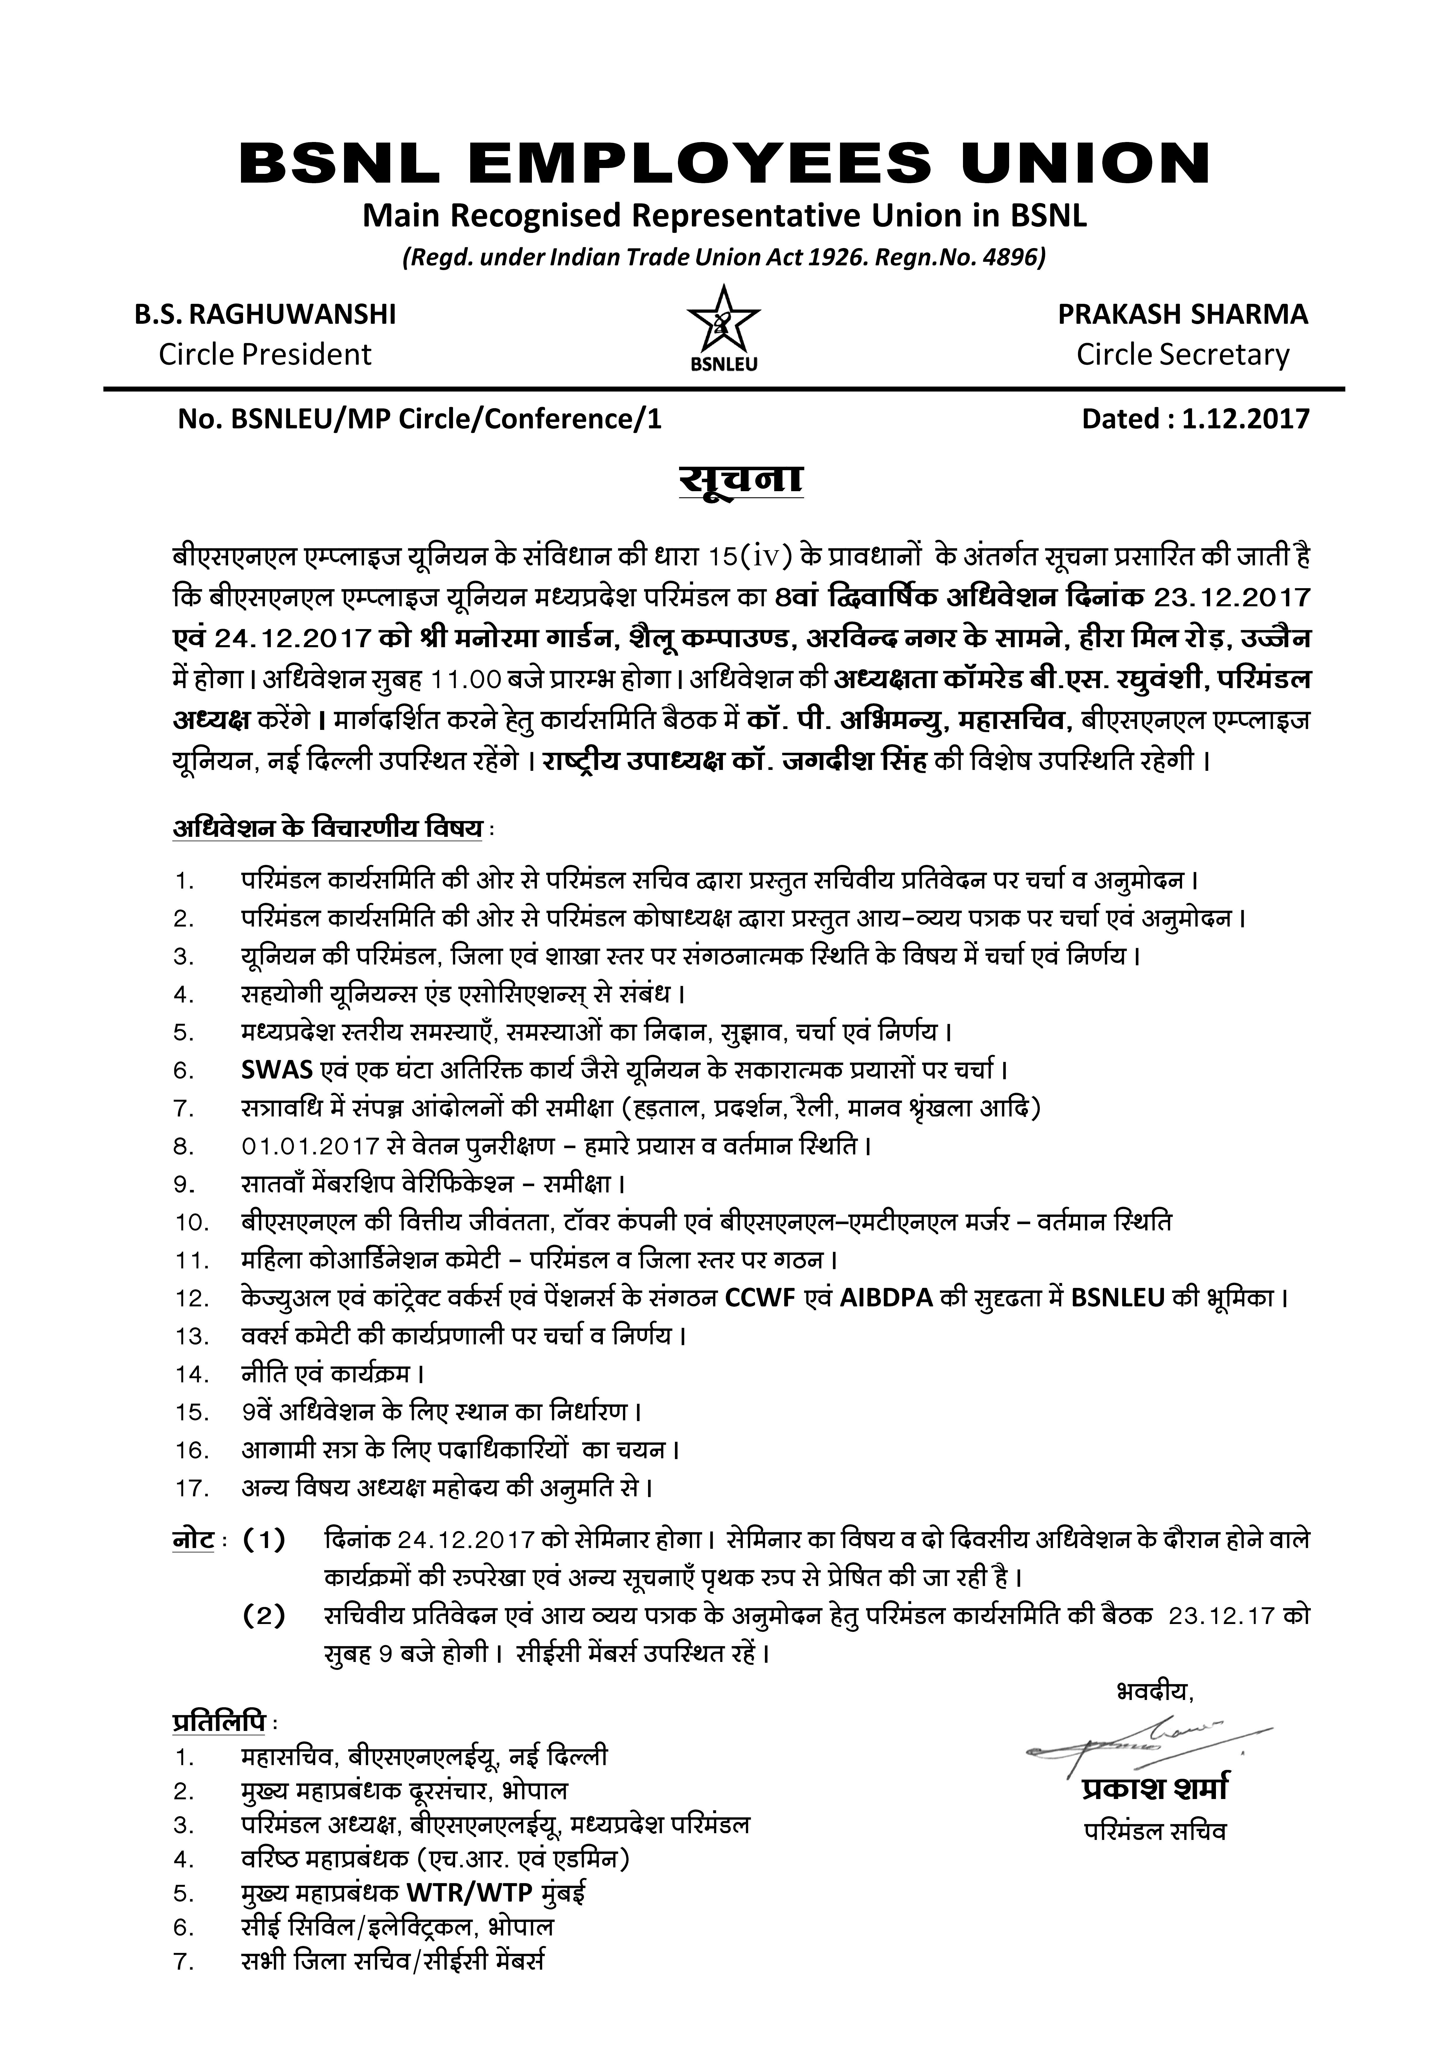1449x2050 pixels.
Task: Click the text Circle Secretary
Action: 1183,354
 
